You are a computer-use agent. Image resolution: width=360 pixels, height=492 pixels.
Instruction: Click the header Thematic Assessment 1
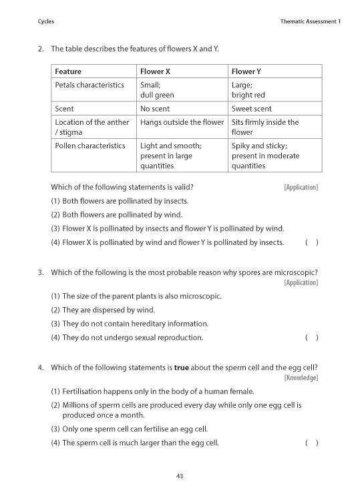point(311,22)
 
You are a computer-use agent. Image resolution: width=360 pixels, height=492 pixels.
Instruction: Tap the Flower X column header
point(155,71)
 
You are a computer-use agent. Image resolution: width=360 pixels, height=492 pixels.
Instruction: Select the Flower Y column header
point(246,71)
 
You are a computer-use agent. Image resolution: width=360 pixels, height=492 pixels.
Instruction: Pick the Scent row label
point(64,109)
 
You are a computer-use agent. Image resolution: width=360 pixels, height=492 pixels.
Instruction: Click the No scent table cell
point(155,109)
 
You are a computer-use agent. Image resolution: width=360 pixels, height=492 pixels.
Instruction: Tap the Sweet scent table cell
point(252,109)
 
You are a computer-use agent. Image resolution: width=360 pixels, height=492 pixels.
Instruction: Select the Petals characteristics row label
point(89,85)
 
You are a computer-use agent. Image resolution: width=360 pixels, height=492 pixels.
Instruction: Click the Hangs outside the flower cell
point(182,122)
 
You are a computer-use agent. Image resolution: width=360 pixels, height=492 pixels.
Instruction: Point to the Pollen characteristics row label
point(89,146)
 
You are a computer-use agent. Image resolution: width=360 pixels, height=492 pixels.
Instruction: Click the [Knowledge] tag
point(301,378)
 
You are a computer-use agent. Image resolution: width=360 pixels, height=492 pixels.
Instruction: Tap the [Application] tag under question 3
point(301,282)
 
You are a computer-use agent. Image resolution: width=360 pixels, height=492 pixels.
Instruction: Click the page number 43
point(180,476)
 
